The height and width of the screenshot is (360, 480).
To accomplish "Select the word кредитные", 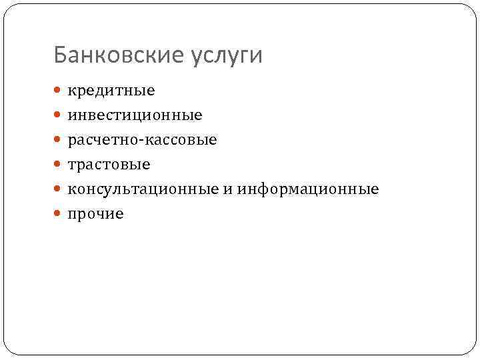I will pos(111,90).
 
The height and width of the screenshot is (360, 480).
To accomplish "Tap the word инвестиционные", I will pos(135,115).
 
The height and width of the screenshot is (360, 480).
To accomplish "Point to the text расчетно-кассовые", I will pos(142,140).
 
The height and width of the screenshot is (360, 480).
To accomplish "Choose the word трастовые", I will pos(109,165).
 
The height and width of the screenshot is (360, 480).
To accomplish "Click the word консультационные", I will pos(141,189).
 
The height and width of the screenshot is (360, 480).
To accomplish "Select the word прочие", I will pos(95,214).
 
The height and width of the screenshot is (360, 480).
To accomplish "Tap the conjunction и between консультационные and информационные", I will pos(228,190).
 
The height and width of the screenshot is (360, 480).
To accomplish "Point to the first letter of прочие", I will pos(71,215).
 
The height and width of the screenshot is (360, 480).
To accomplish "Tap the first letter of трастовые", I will pos(71,165).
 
